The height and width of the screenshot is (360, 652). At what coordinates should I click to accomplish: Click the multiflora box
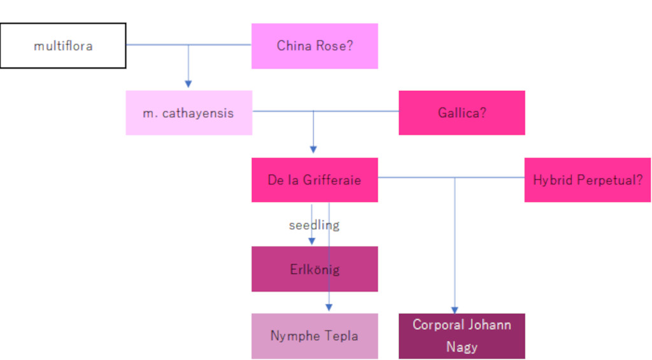pos(63,46)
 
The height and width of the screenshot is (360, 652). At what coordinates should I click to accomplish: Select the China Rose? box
pos(315,46)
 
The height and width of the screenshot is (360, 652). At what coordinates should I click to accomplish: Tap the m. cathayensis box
pos(188,113)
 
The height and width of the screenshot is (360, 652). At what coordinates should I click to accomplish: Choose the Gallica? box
pos(462,113)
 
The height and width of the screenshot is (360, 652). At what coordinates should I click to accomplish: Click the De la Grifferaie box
pos(315,180)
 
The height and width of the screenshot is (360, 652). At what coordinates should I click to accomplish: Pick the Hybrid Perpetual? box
pos(587,180)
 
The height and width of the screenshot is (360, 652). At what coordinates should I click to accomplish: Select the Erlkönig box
pos(315,270)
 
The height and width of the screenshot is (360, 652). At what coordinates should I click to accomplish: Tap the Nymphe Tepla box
pos(315,336)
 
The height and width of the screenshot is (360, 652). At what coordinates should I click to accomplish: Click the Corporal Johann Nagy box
pos(462,336)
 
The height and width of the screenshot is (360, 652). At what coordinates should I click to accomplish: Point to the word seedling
pos(314,225)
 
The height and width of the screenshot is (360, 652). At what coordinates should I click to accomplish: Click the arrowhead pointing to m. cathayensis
pos(188,83)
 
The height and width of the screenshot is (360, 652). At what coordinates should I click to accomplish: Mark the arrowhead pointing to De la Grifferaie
pos(313,150)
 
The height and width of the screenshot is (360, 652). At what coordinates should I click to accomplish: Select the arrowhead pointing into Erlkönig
pos(311,241)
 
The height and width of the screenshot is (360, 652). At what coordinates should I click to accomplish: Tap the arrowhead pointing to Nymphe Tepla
pos(329,307)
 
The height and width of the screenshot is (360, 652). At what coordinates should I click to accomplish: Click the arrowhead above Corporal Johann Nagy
pos(455,310)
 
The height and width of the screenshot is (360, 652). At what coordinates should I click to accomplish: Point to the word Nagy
pos(462,347)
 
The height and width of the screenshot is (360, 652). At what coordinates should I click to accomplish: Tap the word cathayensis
pos(197,113)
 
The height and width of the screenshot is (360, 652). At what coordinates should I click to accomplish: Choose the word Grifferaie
pos(332,180)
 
